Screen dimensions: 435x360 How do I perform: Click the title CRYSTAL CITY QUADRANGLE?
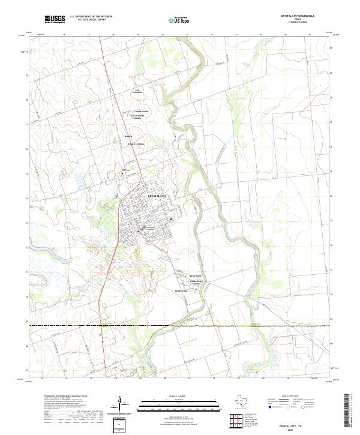(297, 16)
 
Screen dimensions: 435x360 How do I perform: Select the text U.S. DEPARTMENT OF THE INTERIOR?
(91, 17)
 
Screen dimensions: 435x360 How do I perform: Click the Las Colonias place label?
(137, 91)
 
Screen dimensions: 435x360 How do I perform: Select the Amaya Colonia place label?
(136, 144)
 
